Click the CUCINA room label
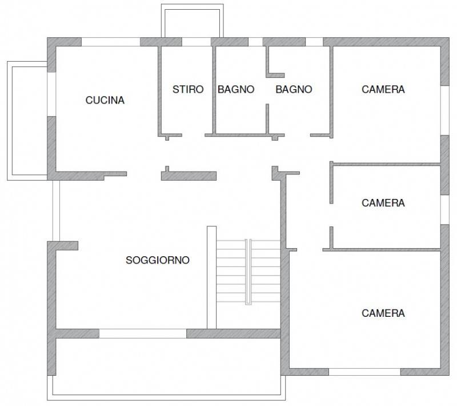pyautogui.click(x=105, y=100)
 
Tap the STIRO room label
pyautogui.click(x=188, y=89)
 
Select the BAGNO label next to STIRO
pyautogui.click(x=236, y=89)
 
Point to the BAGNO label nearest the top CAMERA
pyautogui.click(x=294, y=89)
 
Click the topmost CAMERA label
pyautogui.click(x=383, y=89)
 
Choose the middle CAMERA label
pyautogui.click(x=383, y=203)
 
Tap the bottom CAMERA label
pyautogui.click(x=383, y=313)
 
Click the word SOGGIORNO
pyautogui.click(x=158, y=260)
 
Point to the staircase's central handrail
pyautogui.click(x=248, y=272)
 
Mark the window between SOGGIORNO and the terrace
pyautogui.click(x=143, y=333)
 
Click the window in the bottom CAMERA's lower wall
pyautogui.click(x=364, y=372)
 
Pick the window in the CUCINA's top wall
pyautogui.click(x=111, y=42)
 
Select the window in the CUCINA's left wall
pyautogui.click(x=51, y=94)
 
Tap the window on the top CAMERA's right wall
pyautogui.click(x=445, y=110)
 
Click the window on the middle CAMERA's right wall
pyautogui.click(x=445, y=209)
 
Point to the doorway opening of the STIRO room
pyautogui.click(x=194, y=136)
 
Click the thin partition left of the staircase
pyautogui.click(x=211, y=277)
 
